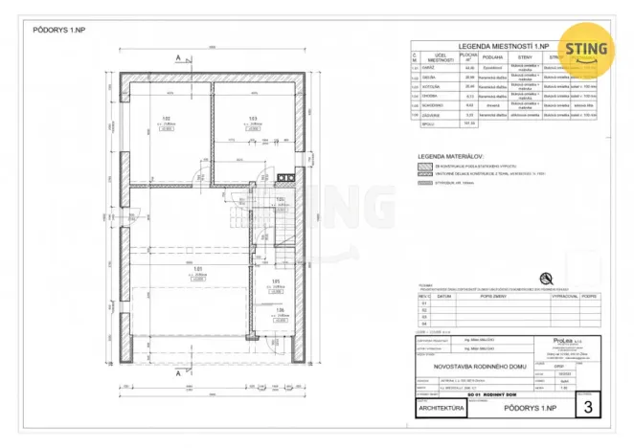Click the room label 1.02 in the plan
point(165,120)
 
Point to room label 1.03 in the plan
point(253,120)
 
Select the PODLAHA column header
point(492,56)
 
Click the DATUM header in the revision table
point(444,296)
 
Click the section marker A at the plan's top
point(179,58)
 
